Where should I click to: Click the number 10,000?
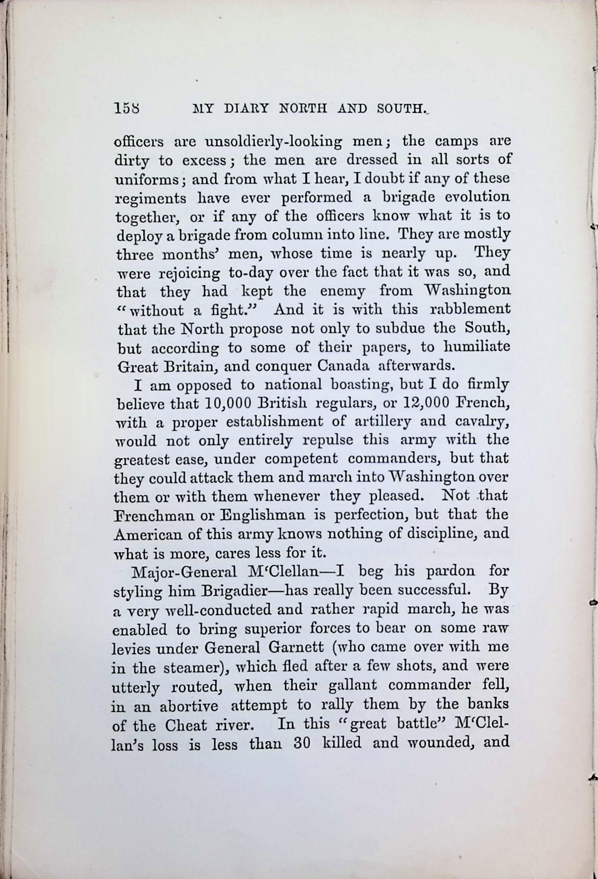point(227,403)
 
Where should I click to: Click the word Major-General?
point(183,571)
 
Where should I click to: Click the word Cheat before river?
point(186,724)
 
